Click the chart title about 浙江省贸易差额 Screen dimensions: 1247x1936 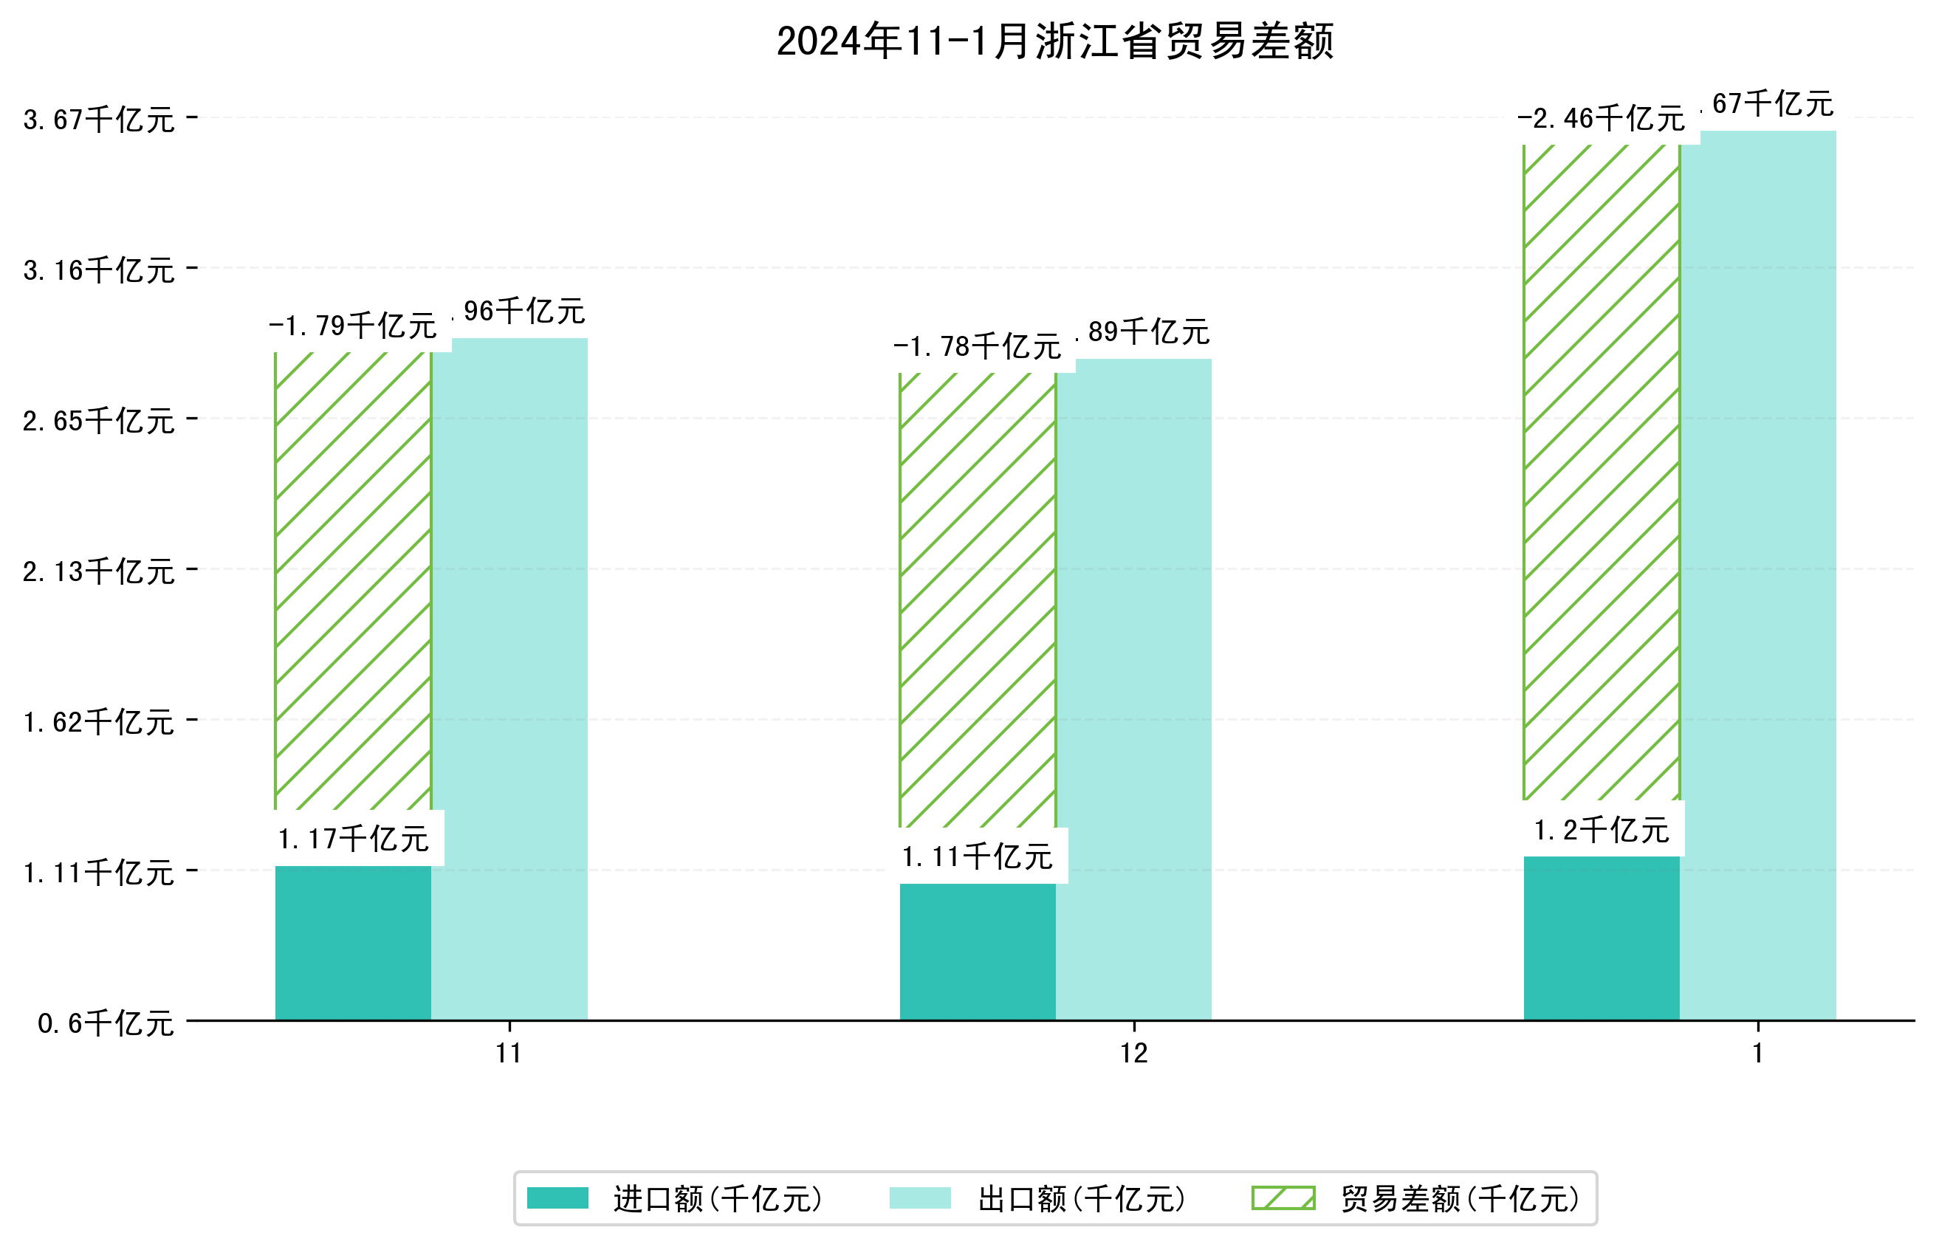coord(1054,42)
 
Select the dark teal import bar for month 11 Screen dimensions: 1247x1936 coord(353,943)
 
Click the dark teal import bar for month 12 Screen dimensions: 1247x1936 coord(978,952)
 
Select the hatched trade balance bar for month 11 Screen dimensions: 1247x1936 coord(353,580)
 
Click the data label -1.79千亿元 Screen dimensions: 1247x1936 coord(353,326)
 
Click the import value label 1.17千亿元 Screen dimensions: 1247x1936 coord(353,839)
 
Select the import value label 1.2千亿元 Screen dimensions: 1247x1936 coord(1601,830)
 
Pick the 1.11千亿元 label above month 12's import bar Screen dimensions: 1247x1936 coord(978,856)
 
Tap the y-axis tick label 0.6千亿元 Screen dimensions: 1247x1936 coord(106,1024)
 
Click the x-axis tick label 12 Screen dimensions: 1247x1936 coord(1133,1054)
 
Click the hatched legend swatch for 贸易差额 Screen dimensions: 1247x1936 coord(1283,1198)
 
